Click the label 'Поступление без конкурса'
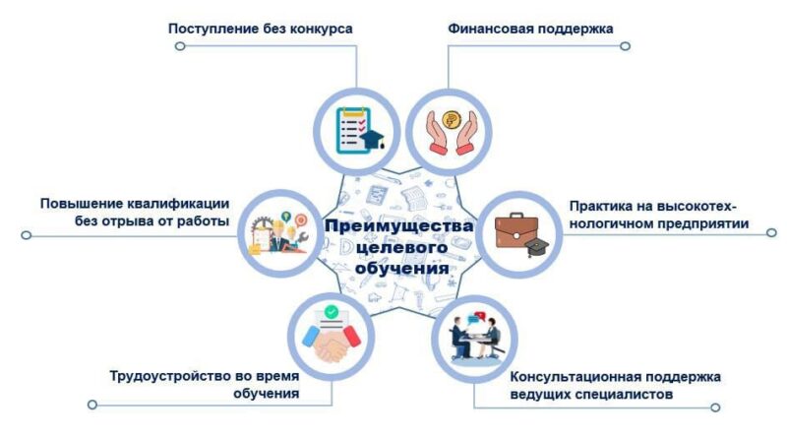pyautogui.click(x=260, y=29)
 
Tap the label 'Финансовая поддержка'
pyautogui.click(x=530, y=29)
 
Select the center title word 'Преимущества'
pyautogui.click(x=399, y=227)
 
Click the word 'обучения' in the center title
pyautogui.click(x=402, y=269)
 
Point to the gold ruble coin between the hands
pyautogui.click(x=452, y=120)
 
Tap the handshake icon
pyautogui.click(x=332, y=343)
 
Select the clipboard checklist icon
pyautogui.click(x=353, y=131)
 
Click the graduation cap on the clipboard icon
pyautogui.click(x=374, y=139)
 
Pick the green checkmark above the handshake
pyautogui.click(x=331, y=312)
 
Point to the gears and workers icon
pyautogui.click(x=278, y=232)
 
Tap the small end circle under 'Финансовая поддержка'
pyautogui.click(x=625, y=46)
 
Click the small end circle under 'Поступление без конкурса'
pyautogui.click(x=180, y=46)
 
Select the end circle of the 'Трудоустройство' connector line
pyautogui.click(x=91, y=405)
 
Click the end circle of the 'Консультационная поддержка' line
pyautogui.click(x=715, y=407)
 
